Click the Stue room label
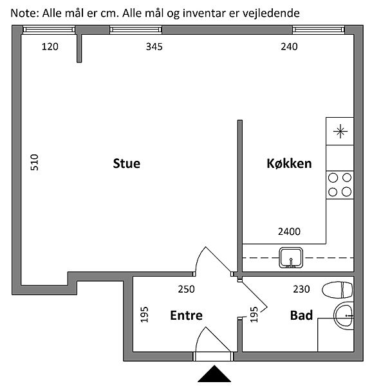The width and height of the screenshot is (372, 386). pos(127,163)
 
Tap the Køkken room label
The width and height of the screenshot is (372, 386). pos(289,163)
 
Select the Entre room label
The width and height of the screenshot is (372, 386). pos(187,315)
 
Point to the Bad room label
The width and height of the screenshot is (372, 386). pos(301,315)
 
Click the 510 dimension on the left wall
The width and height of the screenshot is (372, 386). pos(35,162)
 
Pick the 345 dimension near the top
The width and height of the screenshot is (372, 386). pos(154,46)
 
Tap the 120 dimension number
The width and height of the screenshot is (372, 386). pos(50,46)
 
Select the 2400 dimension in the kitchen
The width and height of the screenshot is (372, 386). pos(289,232)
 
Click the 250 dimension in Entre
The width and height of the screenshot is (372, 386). pos(187,289)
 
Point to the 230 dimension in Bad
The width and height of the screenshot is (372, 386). pos(301,289)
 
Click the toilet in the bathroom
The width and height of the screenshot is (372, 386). pos(337,289)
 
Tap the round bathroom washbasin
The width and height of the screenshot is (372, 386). pos(344,316)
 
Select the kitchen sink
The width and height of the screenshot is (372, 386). pos(291,258)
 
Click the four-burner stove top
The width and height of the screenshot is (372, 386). pos(340,185)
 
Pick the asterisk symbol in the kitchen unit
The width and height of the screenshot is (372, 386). pos(340,131)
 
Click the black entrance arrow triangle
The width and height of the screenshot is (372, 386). pos(214,373)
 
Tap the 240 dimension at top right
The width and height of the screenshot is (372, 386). pos(289,46)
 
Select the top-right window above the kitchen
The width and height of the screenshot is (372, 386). pos(319,30)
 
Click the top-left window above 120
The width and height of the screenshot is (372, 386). pos(49,30)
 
